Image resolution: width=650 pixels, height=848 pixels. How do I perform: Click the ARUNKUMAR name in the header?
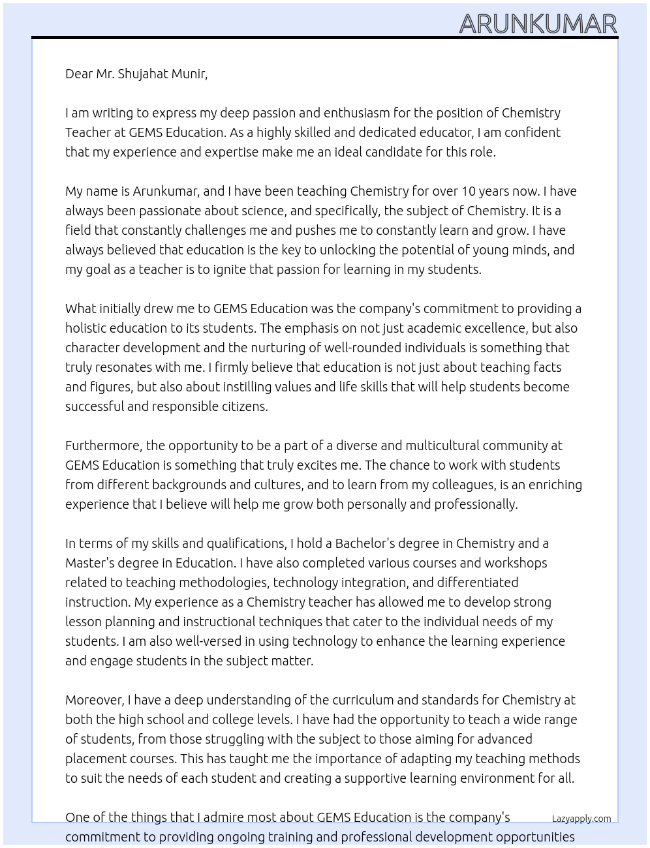coord(538,24)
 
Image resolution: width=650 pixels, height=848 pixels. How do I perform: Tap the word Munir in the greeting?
coord(189,74)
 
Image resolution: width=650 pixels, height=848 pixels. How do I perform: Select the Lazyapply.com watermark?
coord(581,819)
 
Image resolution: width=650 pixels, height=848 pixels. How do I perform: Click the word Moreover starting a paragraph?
coord(94,700)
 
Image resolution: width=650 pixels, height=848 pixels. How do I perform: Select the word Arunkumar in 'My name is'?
coord(164,191)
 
